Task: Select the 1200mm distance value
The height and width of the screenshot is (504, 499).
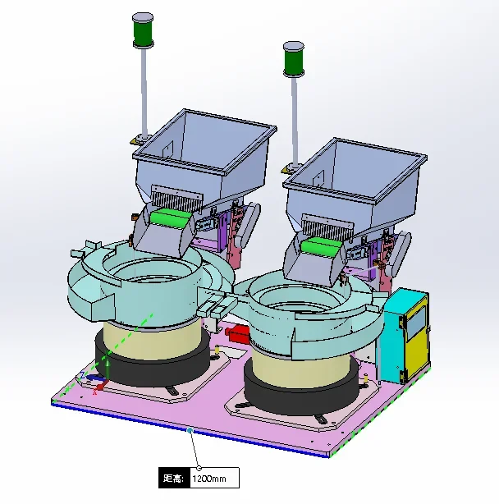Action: pos(209,479)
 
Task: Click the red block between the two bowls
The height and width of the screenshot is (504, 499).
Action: pos(237,334)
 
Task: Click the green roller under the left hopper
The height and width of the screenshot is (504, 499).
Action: pos(168,218)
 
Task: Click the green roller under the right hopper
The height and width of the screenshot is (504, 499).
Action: pos(320,248)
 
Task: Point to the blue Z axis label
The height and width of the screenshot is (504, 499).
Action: pos(83,375)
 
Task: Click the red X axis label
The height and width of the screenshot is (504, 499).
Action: pos(95,392)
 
